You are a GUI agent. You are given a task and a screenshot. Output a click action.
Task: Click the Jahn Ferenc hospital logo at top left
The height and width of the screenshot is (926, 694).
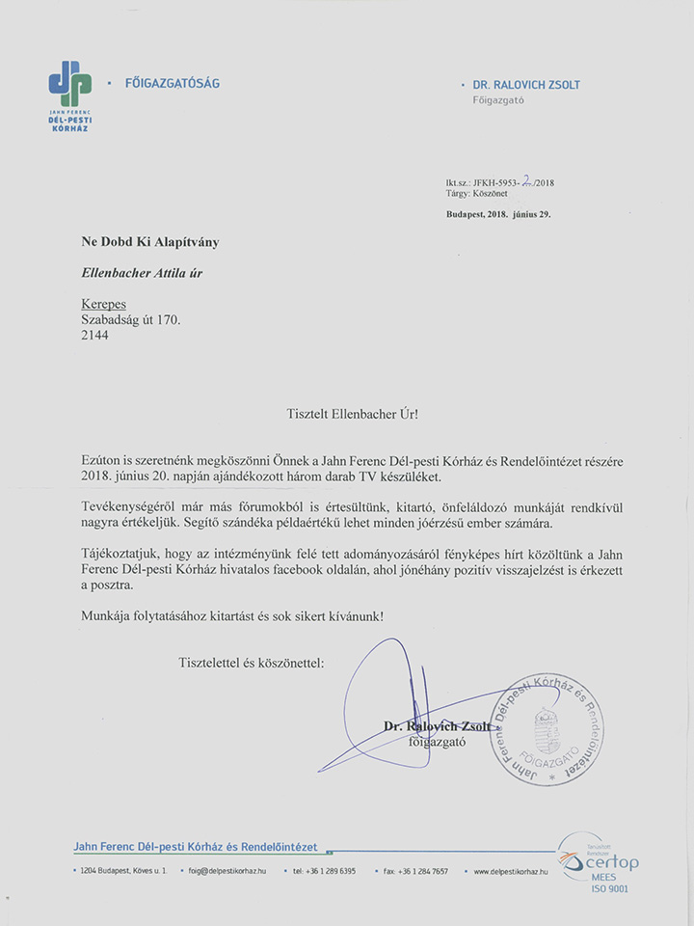[70, 95]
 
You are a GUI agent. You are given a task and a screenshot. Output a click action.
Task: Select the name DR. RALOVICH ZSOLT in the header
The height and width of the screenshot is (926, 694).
[525, 84]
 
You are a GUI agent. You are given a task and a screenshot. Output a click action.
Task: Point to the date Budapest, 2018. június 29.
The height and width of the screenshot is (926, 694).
[498, 213]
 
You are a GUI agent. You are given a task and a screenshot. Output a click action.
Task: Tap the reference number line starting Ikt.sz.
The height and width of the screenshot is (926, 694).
[499, 182]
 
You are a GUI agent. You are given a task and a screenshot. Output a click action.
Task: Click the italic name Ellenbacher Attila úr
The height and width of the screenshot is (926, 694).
[142, 273]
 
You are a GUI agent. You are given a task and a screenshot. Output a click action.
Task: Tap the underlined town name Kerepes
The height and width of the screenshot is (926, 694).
[103, 304]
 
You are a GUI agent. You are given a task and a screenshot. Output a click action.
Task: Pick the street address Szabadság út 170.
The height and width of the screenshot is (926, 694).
[130, 319]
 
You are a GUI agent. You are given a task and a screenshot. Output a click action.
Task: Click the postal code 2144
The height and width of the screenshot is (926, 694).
[95, 335]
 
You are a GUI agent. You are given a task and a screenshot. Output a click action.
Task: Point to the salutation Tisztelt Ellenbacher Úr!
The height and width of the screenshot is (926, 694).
[353, 413]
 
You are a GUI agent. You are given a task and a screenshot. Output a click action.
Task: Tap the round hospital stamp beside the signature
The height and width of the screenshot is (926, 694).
[546, 729]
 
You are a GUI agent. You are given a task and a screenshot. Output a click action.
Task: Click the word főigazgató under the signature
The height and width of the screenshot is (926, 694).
[438, 742]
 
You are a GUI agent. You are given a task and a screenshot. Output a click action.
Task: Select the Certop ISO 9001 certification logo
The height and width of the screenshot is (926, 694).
[601, 863]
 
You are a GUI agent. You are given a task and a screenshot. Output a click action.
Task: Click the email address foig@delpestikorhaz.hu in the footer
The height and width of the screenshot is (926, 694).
[227, 871]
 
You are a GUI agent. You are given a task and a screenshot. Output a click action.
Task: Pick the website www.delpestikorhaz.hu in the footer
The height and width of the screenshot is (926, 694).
[511, 871]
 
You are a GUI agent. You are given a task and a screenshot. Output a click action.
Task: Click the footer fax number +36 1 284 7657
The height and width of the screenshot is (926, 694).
[419, 871]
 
